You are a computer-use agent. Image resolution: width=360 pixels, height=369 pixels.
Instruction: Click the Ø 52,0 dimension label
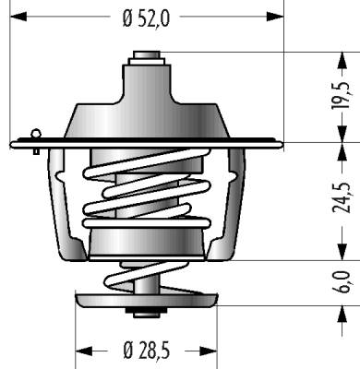[x=146, y=18]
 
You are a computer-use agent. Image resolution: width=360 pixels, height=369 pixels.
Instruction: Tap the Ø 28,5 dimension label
[x=146, y=351]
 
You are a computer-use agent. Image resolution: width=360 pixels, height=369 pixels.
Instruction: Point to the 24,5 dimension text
[x=342, y=197]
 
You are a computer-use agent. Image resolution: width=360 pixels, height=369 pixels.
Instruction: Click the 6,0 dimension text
[x=342, y=282]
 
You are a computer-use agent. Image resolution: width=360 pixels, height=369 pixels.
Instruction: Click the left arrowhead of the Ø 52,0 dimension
[x=18, y=17]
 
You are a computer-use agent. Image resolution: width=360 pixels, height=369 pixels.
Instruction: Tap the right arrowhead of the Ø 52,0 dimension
[x=275, y=17]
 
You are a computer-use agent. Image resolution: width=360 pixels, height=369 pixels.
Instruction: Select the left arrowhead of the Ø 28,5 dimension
[x=84, y=351]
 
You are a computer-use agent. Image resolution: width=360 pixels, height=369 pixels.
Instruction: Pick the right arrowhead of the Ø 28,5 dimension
[x=209, y=351]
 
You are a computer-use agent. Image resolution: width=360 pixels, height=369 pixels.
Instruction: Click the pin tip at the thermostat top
[x=147, y=54]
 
